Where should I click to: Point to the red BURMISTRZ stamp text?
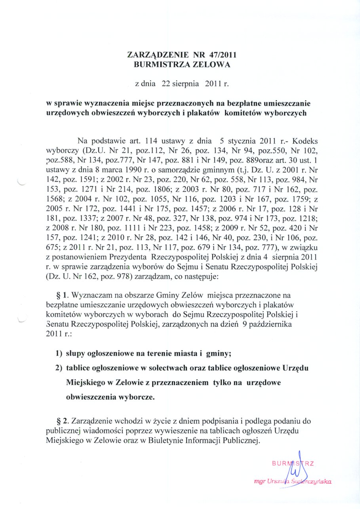click(293, 463)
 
